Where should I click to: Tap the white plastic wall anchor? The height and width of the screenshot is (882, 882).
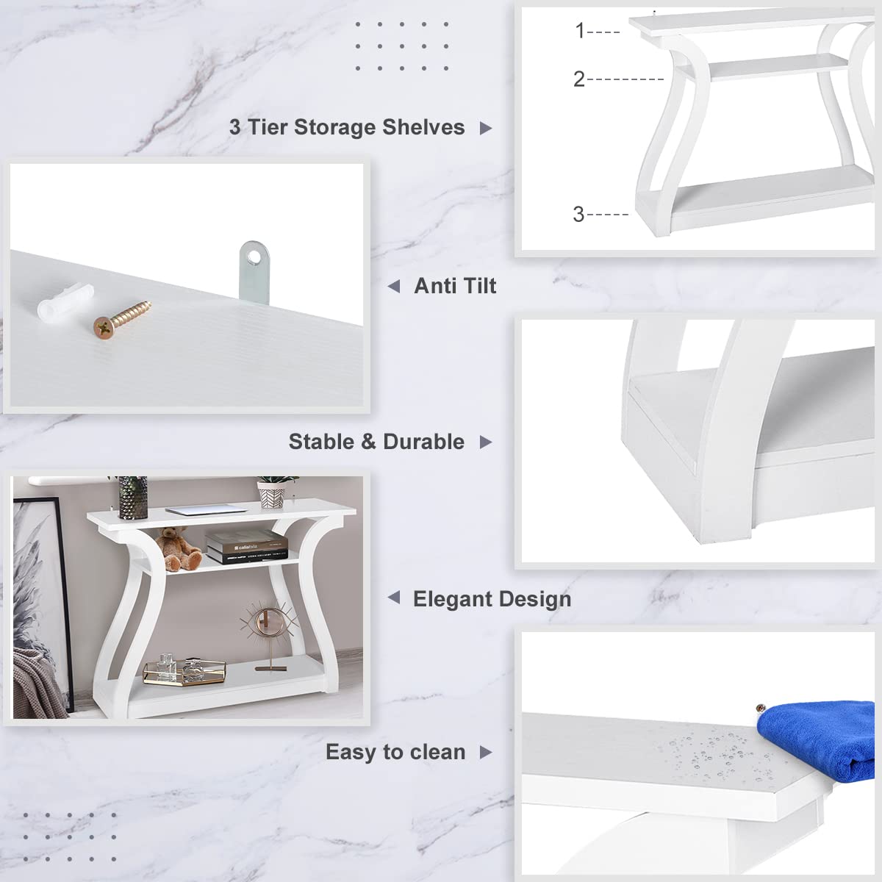[65, 303]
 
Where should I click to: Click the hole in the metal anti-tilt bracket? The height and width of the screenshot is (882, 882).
[253, 258]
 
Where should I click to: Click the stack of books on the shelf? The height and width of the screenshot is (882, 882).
[246, 547]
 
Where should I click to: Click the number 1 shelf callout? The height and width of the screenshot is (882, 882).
[580, 31]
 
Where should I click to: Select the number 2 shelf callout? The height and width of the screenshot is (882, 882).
[579, 79]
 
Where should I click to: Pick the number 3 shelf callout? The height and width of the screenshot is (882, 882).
[578, 214]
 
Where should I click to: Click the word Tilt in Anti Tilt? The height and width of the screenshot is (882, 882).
[477, 286]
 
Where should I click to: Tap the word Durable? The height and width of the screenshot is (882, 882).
[423, 442]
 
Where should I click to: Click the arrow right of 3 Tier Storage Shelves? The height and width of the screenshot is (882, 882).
[486, 128]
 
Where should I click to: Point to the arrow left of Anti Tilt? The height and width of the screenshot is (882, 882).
[394, 287]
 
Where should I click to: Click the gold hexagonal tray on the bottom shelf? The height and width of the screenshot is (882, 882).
[184, 672]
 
